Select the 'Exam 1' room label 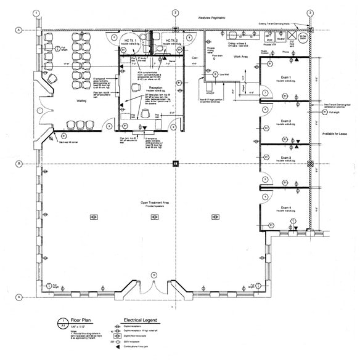tap(285, 78)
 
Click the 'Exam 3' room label tap(285, 158)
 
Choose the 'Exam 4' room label tap(285, 207)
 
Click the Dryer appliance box tap(269, 38)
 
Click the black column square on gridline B tap(176, 164)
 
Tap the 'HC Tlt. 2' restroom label tap(171, 39)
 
